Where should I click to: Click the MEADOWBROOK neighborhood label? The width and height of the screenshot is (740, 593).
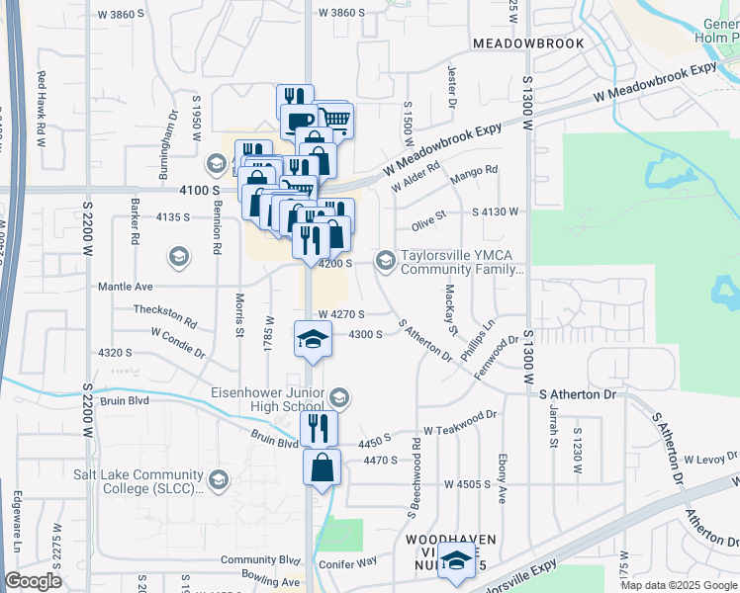pos(527,43)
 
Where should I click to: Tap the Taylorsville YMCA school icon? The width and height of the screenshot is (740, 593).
pos(384,260)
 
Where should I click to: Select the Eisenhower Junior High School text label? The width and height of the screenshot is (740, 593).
pos(267,398)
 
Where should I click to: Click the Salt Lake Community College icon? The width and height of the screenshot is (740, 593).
pos(218,480)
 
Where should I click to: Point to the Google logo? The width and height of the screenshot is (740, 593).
pos(33,581)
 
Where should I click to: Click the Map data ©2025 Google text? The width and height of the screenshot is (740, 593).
pos(678,585)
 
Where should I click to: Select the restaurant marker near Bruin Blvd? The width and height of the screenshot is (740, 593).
pos(319,428)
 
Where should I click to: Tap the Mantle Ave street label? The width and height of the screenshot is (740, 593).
pos(125,286)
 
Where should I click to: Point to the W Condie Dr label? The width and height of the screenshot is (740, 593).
pos(178,351)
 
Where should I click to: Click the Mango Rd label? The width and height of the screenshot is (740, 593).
pos(473,174)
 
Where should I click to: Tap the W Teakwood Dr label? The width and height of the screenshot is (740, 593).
pos(459,430)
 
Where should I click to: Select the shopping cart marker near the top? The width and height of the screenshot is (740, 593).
pos(334,121)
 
